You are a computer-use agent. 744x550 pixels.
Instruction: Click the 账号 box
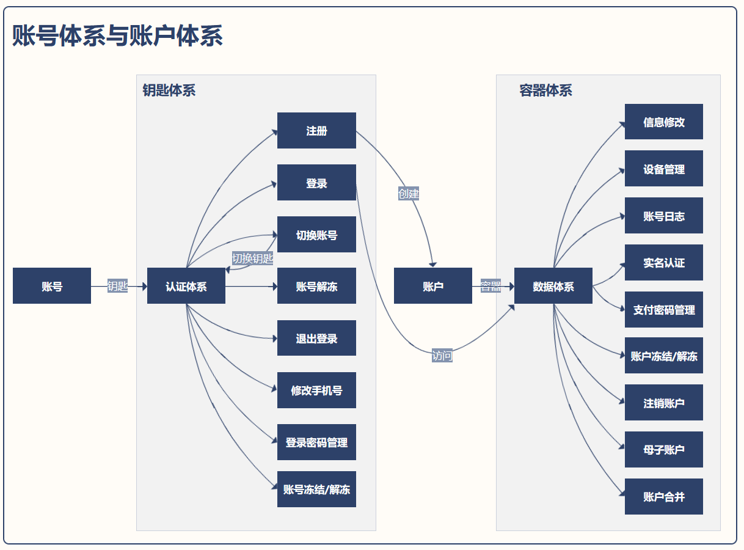click(52, 285)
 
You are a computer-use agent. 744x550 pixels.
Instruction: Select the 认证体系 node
click(186, 285)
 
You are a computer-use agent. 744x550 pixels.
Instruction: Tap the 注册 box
click(316, 130)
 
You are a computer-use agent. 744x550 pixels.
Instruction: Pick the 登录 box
click(316, 182)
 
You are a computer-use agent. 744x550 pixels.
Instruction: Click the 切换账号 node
click(316, 234)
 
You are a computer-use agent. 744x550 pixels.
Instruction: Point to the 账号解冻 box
click(316, 285)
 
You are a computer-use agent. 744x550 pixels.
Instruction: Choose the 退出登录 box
click(316, 338)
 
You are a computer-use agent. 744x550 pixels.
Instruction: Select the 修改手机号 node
click(316, 390)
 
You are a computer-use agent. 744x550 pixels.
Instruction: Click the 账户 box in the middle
click(432, 285)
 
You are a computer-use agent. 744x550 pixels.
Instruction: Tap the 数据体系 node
click(553, 285)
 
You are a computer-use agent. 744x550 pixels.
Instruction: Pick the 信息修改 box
click(663, 122)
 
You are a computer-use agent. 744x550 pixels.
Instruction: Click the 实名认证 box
click(663, 262)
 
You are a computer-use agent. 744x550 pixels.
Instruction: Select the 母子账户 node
click(663, 449)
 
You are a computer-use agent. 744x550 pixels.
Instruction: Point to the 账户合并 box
click(663, 496)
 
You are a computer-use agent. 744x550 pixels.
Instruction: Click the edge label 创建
click(409, 194)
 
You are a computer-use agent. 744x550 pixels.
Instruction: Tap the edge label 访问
click(442, 356)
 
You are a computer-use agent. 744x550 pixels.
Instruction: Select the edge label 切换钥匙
click(253, 258)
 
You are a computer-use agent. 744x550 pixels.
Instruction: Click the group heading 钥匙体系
click(169, 90)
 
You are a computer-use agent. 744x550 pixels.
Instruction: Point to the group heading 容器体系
click(545, 90)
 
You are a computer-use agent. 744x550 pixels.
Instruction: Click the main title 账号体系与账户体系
click(117, 35)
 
